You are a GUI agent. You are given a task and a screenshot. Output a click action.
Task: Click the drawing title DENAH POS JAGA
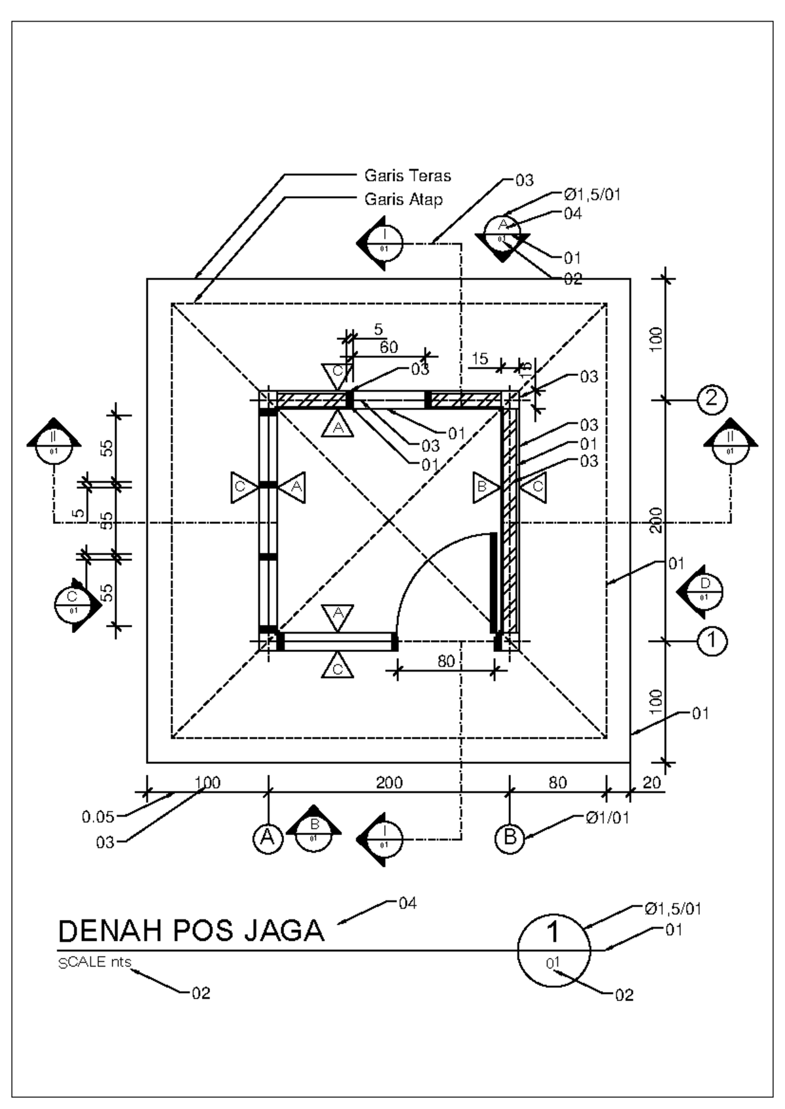coord(192,930)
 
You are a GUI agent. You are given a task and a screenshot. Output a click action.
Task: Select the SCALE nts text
coord(95,963)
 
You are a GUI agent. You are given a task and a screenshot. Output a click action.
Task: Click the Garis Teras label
coord(408,175)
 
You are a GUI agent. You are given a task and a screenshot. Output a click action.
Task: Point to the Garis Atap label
coord(403,199)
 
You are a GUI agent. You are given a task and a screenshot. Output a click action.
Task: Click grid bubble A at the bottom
coord(267,838)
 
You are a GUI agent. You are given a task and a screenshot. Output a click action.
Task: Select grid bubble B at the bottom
coord(510,838)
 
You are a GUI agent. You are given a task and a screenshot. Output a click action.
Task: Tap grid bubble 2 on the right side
coord(712,398)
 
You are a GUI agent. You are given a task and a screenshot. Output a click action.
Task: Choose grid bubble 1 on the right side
coord(712,641)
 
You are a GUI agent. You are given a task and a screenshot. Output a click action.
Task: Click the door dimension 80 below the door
coord(446,661)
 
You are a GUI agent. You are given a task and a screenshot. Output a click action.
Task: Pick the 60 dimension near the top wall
coord(389,347)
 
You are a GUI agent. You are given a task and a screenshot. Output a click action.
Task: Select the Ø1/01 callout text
coord(607,817)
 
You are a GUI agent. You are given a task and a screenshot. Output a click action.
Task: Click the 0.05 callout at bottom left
coord(98,816)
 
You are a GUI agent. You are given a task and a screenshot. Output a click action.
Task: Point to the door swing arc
coord(419,562)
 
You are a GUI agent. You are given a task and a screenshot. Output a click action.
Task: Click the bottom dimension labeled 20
coord(652,783)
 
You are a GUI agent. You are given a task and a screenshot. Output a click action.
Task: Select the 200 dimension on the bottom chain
coord(389,783)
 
